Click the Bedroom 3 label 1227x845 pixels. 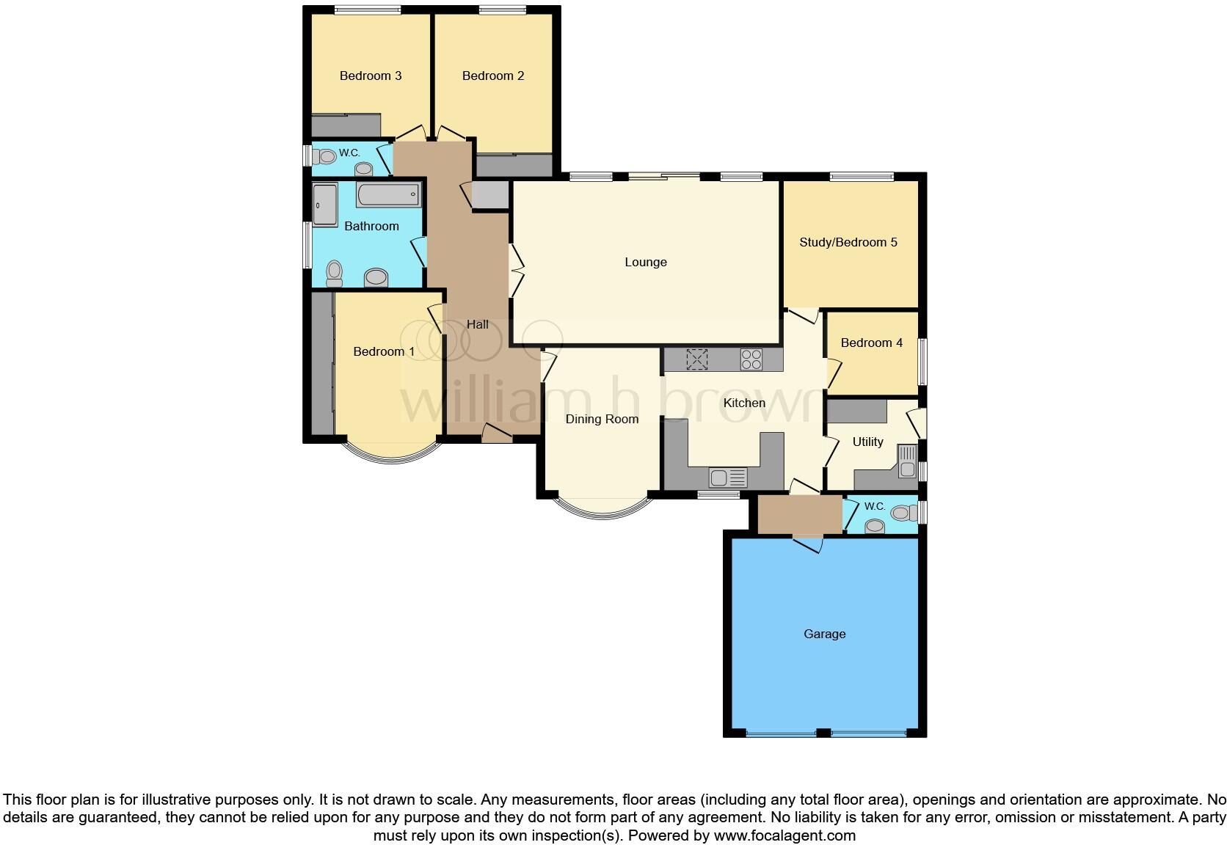(370, 76)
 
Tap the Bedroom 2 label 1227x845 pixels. (492, 76)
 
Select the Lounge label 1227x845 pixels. (645, 262)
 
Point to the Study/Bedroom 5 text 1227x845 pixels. (848, 242)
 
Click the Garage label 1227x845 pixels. (824, 634)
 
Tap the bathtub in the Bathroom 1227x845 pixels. (388, 195)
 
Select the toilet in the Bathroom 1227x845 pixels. (334, 273)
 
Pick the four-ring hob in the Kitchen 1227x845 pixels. (751, 359)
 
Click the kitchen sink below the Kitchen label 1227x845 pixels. (728, 478)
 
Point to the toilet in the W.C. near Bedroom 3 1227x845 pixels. (324, 156)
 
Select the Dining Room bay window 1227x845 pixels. (602, 510)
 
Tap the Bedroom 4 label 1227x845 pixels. (871, 343)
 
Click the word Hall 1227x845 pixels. (477, 324)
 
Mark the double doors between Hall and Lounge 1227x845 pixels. (516, 271)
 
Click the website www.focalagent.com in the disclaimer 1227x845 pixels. (784, 835)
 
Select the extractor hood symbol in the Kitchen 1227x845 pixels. (696, 359)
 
